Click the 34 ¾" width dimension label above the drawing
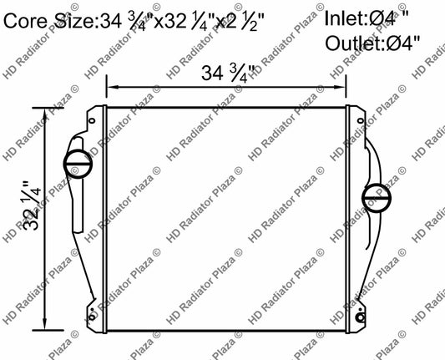point(229,74)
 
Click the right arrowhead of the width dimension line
point(343,87)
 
